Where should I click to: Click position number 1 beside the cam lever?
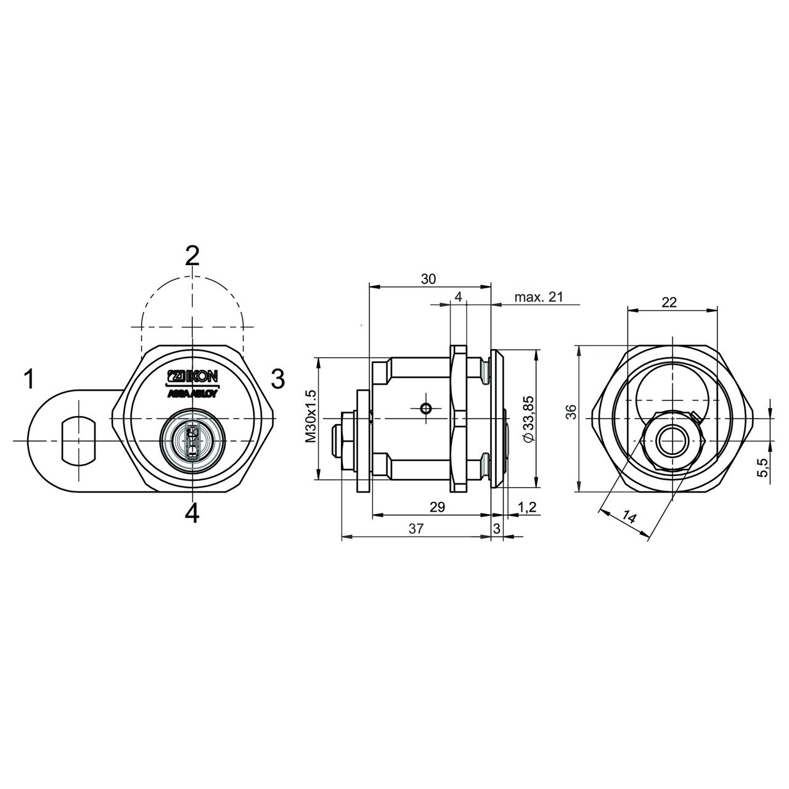[x=28, y=378]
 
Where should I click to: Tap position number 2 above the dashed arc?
[x=192, y=256]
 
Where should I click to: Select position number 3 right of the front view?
[x=278, y=378]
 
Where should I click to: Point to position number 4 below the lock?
[x=192, y=513]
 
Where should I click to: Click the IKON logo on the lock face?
[x=192, y=375]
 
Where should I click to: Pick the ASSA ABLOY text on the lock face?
[x=192, y=394]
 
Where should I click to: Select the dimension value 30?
[x=428, y=279]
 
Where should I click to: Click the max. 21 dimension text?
[x=539, y=297]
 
